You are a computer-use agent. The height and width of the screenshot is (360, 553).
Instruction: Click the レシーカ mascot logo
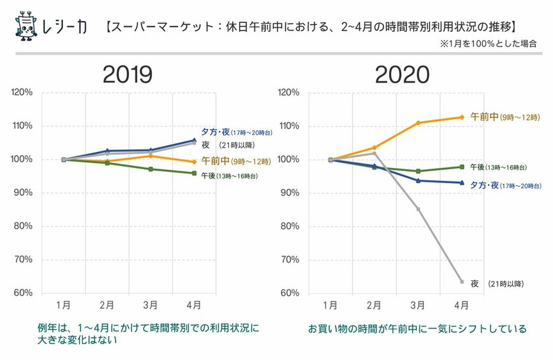point(26,25)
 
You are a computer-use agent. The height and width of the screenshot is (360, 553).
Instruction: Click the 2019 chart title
point(128,74)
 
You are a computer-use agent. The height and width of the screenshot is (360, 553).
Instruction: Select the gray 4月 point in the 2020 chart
point(461,281)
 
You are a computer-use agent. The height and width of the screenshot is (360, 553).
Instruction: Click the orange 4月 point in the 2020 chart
point(461,117)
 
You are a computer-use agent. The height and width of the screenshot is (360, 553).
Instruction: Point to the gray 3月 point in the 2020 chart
point(418,209)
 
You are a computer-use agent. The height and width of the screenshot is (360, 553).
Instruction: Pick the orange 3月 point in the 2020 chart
point(418,123)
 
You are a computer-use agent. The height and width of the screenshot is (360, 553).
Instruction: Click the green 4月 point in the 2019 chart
point(195,173)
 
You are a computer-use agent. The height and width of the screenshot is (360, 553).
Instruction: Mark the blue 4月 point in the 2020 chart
point(461,183)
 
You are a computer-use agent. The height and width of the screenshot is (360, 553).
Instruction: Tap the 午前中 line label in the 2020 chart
point(504,117)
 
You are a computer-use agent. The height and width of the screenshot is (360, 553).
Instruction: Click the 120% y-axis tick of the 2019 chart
point(22,93)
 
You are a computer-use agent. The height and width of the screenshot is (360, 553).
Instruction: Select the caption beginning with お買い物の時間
point(417,329)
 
